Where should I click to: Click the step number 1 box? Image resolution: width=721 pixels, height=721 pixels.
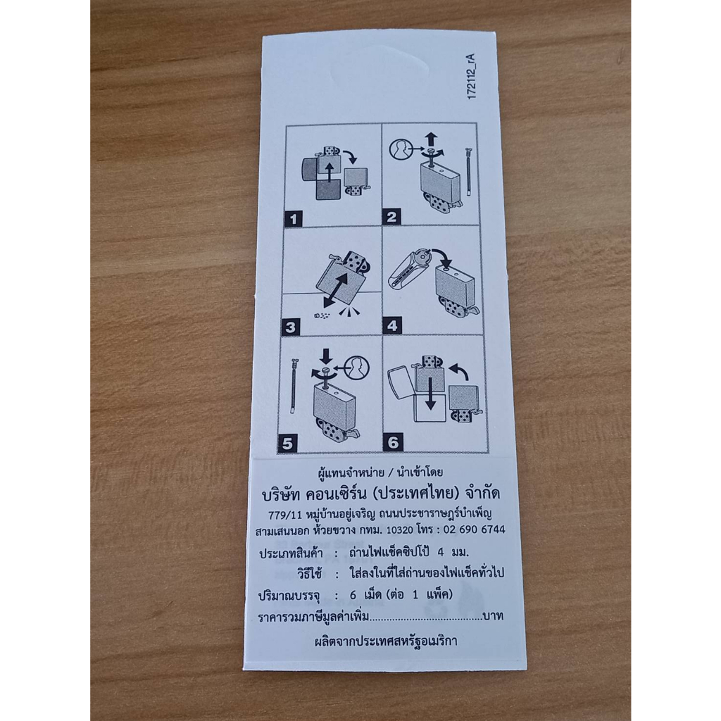294,219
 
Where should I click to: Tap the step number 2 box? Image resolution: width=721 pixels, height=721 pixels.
391,217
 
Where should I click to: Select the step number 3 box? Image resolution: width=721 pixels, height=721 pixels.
290,327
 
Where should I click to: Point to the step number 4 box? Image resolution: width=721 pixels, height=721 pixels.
391,325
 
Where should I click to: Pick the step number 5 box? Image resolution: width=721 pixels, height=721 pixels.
287,444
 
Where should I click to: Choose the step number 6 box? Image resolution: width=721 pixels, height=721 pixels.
393,442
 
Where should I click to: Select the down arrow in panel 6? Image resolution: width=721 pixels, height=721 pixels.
430,393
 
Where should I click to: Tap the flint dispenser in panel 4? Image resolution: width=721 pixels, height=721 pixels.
408,272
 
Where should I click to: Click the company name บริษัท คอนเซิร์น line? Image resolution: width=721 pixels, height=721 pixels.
381,494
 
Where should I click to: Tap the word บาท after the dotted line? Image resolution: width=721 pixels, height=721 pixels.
493,615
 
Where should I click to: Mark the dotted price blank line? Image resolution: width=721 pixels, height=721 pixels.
426,620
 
